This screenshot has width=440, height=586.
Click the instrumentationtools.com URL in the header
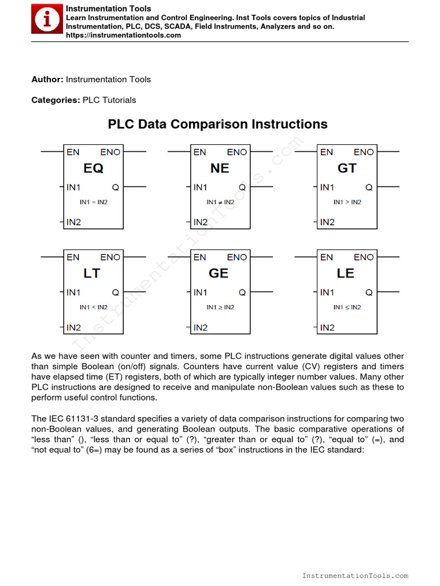pyautogui.click(x=123, y=35)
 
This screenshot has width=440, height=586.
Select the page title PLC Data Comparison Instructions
pyautogui.click(x=218, y=124)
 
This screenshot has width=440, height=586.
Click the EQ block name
pyautogui.click(x=93, y=168)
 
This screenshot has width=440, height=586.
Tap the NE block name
pyautogui.click(x=219, y=168)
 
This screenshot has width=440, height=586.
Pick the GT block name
pyautogui.click(x=347, y=168)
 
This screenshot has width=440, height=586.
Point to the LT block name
pyautogui.click(x=92, y=274)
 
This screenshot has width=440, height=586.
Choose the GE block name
pyautogui.click(x=219, y=274)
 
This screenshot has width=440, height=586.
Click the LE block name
pyautogui.click(x=345, y=274)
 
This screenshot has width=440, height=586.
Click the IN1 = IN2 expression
pyautogui.click(x=93, y=202)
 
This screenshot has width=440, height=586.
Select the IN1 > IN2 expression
pyautogui.click(x=347, y=202)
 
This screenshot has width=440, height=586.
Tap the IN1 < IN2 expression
pyautogui.click(x=93, y=307)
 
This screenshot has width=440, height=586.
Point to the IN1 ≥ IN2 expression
pyautogui.click(x=220, y=307)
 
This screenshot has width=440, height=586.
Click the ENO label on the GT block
pyautogui.click(x=363, y=152)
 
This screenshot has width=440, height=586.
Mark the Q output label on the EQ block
pyautogui.click(x=115, y=187)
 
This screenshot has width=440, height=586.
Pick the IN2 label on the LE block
pyautogui.click(x=327, y=328)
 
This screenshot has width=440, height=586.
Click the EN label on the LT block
pyautogui.click(x=73, y=258)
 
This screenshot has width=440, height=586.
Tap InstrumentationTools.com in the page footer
pyautogui.click(x=355, y=576)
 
